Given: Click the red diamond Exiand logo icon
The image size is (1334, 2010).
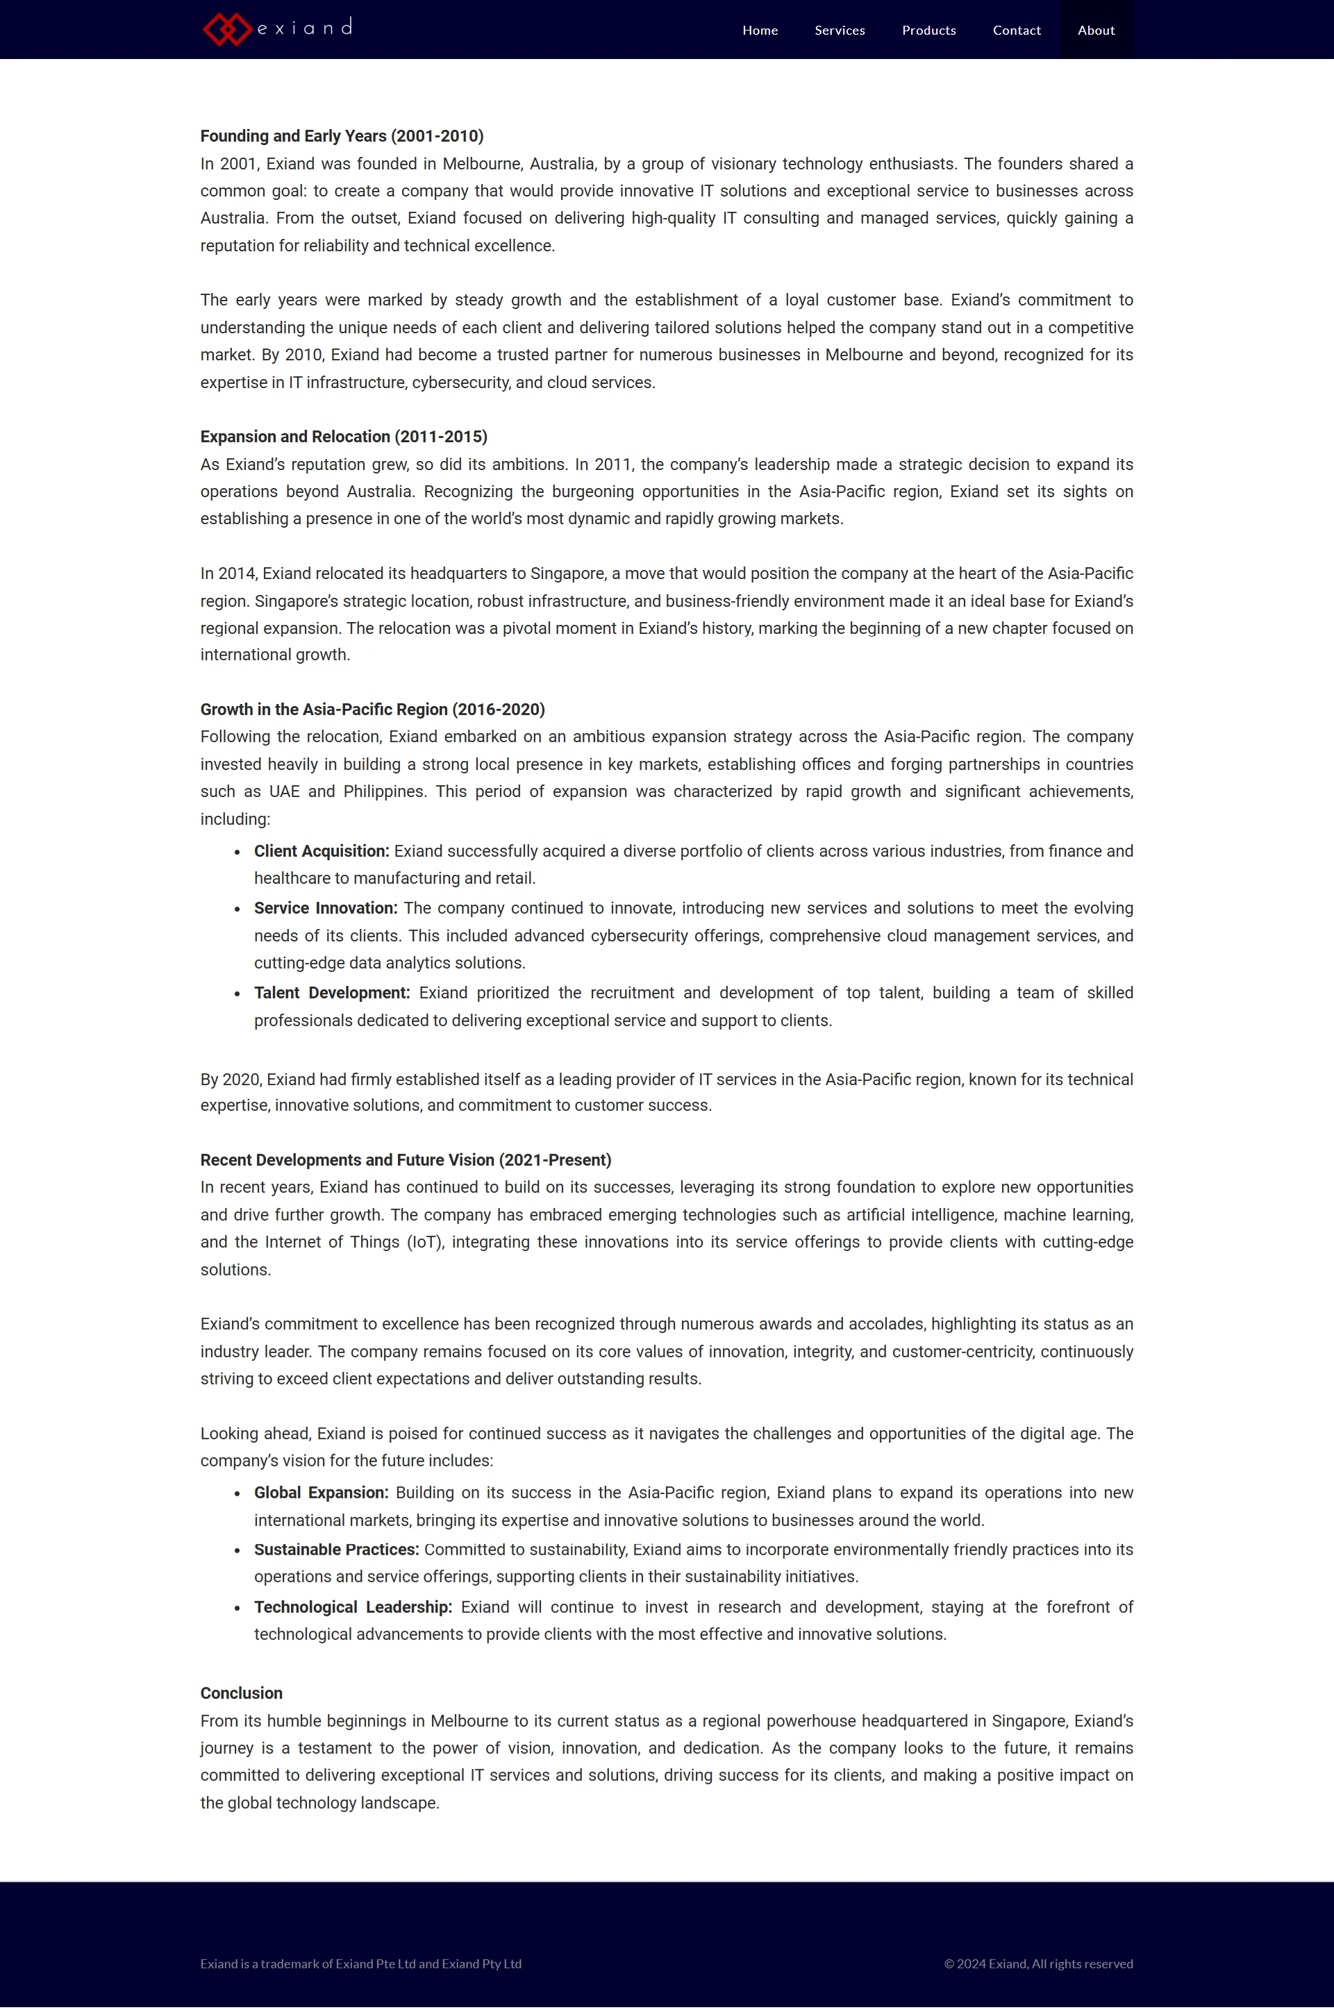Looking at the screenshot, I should coord(226,30).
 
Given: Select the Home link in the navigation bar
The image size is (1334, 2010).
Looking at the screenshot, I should coord(760,31).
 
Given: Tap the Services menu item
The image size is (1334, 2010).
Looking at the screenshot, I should coord(840,31).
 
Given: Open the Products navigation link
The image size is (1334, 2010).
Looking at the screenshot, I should coord(928,31).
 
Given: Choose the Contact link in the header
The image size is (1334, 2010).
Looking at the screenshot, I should coord(1017,31).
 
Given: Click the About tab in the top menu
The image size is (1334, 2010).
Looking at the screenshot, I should coord(1096,31).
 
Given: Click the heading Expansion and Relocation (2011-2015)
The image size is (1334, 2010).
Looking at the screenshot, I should coord(344,436).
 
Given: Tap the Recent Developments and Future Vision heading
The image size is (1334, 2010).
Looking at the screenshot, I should coord(406,1160).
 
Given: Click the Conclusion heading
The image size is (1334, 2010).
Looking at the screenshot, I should coord(242,1693).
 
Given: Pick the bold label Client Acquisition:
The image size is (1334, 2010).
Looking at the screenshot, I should coord(322,851).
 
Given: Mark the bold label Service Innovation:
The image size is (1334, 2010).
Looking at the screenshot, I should coord(326,908).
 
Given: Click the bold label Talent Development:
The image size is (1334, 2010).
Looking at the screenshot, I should coord(332,994).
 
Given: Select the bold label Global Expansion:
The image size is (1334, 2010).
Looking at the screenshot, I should coord(321,1493).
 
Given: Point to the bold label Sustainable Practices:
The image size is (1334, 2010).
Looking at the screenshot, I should coord(336,1550).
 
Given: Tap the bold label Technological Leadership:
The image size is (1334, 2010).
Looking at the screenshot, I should coord(353,1607).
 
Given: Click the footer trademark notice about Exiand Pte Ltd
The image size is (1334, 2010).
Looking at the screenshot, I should coord(360,1963).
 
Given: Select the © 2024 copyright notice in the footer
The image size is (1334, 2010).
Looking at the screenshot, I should coord(1038,1963).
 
